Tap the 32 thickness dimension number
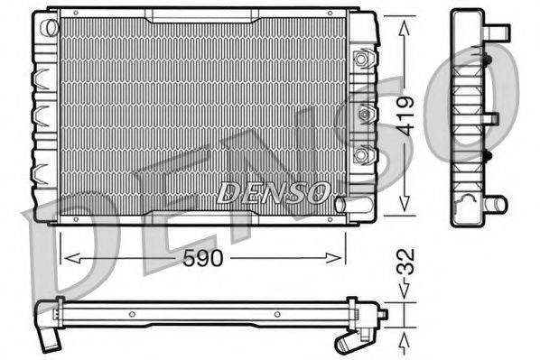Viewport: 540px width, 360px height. (408, 267)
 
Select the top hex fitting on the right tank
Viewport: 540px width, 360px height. (364, 60)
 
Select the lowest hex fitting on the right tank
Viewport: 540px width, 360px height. (364, 155)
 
